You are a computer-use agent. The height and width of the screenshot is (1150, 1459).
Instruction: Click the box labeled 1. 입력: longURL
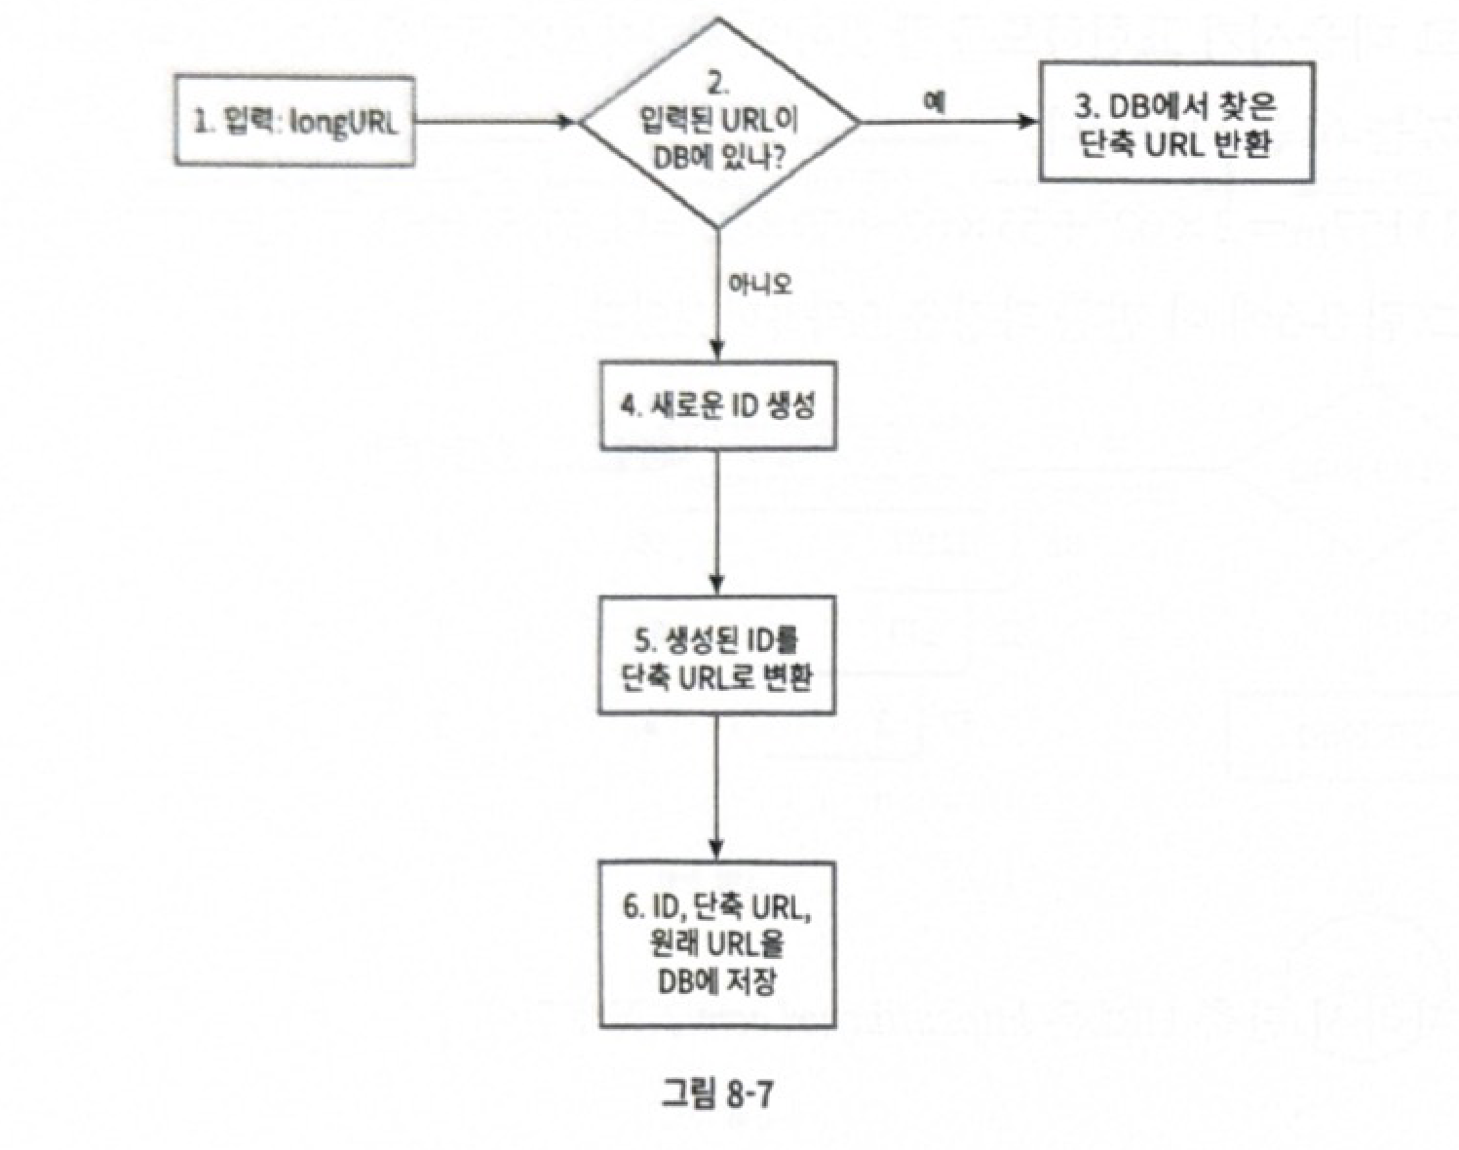[293, 123]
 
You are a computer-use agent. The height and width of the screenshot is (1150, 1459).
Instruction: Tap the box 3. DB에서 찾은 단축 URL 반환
[1175, 123]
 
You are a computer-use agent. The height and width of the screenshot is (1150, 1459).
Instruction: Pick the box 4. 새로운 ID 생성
[717, 405]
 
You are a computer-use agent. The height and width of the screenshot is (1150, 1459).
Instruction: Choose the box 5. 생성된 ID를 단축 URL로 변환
[717, 656]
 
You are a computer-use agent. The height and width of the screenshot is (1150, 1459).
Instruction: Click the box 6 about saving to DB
[717, 943]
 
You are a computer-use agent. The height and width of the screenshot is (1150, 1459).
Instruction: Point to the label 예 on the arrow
[935, 103]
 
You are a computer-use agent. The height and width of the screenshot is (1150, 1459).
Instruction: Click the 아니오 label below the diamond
[759, 284]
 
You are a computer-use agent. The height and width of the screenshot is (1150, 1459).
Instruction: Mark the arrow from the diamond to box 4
[718, 292]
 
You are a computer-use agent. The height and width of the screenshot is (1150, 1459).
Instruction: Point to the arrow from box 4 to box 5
[718, 521]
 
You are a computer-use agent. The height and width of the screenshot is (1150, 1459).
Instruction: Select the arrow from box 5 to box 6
[718, 787]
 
